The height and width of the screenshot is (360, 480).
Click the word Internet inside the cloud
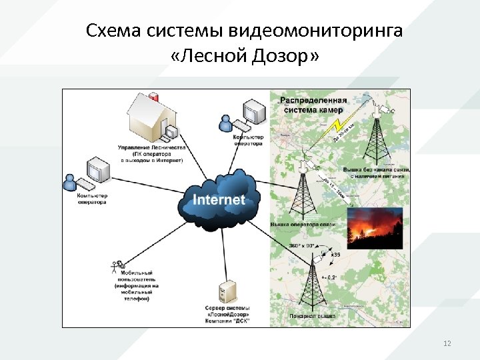219,199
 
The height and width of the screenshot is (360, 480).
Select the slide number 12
447,343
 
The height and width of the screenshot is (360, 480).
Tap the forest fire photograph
375,227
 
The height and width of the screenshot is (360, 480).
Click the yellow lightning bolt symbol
339,126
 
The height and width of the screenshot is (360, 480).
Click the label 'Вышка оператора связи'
303,225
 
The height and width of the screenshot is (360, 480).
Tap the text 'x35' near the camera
337,255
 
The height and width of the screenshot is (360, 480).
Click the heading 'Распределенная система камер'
311,105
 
